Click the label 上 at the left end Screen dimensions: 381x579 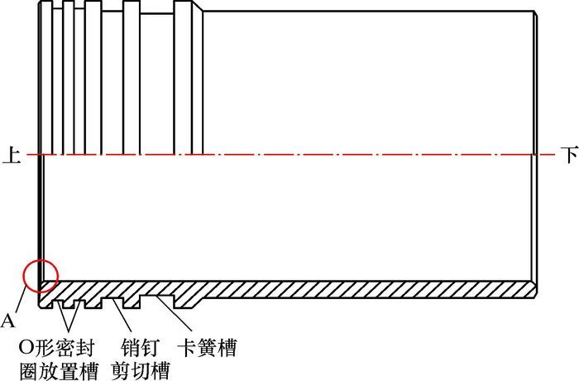[10, 155]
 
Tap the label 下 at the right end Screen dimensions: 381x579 [567, 155]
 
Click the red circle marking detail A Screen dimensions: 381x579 [41, 275]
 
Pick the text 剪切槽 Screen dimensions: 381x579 [141, 369]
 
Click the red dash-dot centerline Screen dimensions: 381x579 [289, 155]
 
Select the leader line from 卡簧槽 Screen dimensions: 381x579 [177, 319]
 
